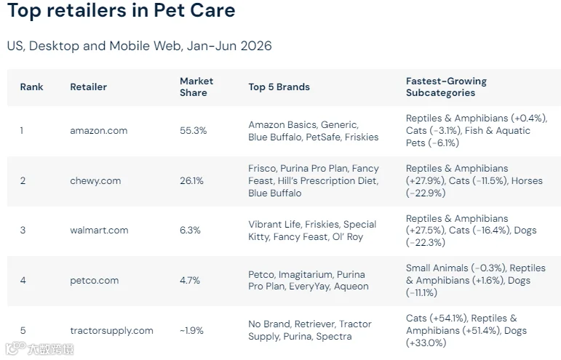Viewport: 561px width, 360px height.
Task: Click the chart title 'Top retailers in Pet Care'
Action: (x=122, y=10)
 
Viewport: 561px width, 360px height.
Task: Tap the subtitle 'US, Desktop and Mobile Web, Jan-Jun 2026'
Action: (x=139, y=46)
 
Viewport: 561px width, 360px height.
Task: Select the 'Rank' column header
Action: (x=31, y=87)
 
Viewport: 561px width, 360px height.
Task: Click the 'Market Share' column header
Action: (x=196, y=87)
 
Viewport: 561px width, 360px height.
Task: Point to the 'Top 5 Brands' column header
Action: (x=279, y=87)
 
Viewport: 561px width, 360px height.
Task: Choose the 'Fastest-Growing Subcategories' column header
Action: (x=446, y=87)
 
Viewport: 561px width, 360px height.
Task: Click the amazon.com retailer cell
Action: (x=99, y=130)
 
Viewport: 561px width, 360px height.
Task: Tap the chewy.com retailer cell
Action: (x=95, y=180)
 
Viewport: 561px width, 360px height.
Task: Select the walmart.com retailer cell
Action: (x=99, y=231)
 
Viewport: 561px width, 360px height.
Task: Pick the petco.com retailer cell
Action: (x=95, y=281)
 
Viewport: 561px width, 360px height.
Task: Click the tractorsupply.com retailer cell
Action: (x=111, y=331)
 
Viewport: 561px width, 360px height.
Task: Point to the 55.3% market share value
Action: (x=194, y=130)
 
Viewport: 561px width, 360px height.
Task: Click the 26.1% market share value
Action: (x=191, y=180)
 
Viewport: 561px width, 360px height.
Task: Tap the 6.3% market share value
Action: (x=190, y=231)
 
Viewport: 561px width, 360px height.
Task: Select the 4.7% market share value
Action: (x=190, y=280)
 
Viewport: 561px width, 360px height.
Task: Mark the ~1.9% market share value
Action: (x=191, y=330)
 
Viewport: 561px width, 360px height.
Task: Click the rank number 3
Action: (x=23, y=231)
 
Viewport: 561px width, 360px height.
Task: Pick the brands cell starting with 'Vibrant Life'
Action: (x=312, y=231)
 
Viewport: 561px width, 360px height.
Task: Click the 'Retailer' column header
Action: (x=88, y=87)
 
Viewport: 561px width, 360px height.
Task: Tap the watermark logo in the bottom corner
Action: (x=39, y=348)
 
